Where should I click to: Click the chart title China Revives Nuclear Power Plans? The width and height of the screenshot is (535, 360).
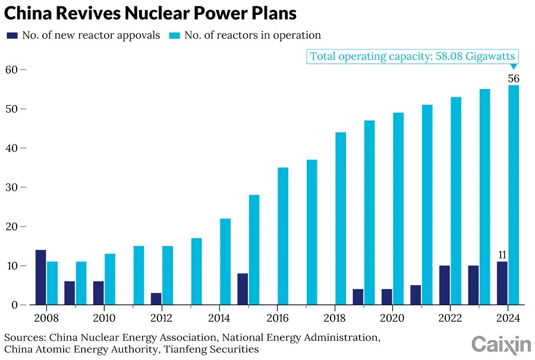coord(150,12)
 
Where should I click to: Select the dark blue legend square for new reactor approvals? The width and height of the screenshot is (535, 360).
coord(11,36)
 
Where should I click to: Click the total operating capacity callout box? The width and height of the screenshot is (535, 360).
coord(413,56)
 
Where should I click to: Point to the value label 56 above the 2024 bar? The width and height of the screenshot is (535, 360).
coord(514,78)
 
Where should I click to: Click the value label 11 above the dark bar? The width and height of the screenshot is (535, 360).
coord(502,255)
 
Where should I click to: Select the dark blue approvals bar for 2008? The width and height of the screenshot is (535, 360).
coord(40,277)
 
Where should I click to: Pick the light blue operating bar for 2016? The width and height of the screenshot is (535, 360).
coord(283,236)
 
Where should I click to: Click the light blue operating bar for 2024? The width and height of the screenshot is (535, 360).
coord(514,195)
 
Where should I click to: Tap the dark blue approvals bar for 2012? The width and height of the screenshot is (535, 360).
coord(156,299)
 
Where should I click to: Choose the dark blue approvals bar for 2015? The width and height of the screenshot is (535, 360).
coord(243,289)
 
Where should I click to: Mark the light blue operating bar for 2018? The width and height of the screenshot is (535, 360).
coord(341,219)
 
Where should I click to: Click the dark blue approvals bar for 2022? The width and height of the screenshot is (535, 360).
coord(445,285)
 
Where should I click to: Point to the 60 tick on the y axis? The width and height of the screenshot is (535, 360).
coord(12,70)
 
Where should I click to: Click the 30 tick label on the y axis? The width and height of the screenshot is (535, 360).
coord(12,187)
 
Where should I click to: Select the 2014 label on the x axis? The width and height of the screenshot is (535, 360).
coord(219,318)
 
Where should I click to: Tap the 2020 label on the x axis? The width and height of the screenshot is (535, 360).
coord(392,318)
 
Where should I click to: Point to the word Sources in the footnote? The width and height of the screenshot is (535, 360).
coord(22,337)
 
